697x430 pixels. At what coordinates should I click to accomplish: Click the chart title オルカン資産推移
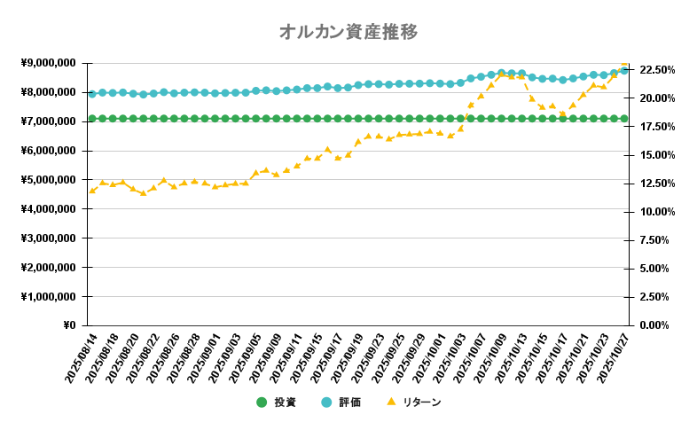(348, 33)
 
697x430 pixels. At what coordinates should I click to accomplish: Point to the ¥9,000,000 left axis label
(48, 63)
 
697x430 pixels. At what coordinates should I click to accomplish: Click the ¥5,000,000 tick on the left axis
(48, 180)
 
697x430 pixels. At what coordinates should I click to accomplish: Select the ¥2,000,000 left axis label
(48, 268)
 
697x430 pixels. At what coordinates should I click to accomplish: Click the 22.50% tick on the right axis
(657, 70)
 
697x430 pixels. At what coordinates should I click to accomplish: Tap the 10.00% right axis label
(657, 212)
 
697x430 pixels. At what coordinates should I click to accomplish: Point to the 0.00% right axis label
(660, 325)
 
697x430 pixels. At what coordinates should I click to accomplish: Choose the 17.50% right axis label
(657, 127)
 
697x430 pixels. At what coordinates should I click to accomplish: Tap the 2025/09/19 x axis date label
(346, 358)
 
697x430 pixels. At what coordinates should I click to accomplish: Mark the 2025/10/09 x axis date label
(489, 358)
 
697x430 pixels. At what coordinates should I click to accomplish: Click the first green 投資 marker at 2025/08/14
(91, 118)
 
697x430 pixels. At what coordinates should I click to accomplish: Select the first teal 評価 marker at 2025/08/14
(91, 93)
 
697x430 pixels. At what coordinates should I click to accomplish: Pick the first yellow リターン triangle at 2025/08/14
(91, 191)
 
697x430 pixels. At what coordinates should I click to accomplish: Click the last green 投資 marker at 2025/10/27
(623, 118)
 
